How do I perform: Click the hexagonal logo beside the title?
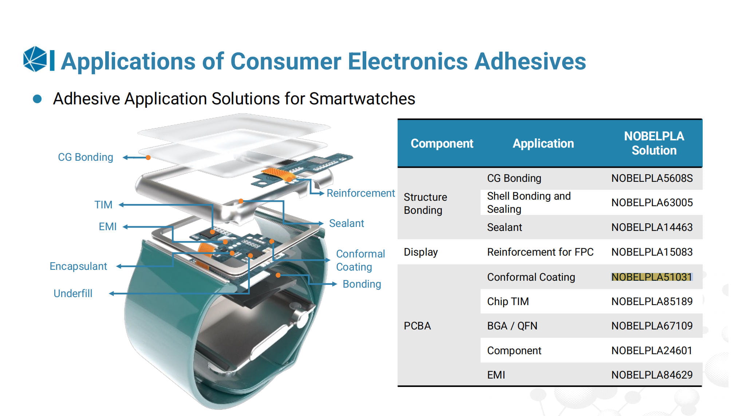coord(35,59)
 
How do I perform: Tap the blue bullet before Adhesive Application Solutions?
coord(37,99)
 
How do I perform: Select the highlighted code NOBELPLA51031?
coord(652,277)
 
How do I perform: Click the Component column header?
coord(442,143)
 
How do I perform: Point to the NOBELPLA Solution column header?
coord(654,143)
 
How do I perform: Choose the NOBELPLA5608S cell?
coord(652,178)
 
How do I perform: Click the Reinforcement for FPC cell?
coord(540,252)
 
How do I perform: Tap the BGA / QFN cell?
coord(512,326)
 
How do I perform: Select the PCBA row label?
coord(417,326)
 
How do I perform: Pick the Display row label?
coord(421,252)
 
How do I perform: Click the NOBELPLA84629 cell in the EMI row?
coord(652,375)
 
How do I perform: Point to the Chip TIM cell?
coord(508,301)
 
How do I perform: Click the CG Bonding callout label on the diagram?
coord(86,157)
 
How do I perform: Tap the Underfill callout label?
coord(73,293)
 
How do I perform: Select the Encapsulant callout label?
coord(78,266)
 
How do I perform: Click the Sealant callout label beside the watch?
coord(347,223)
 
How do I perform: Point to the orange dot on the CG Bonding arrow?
coord(148,157)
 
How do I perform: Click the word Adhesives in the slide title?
coord(530,61)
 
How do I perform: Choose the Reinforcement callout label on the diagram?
coord(361,193)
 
